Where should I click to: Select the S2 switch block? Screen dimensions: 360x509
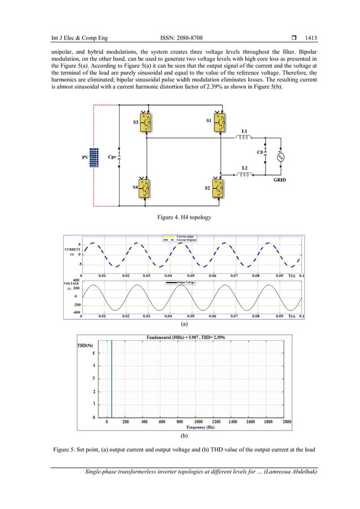(x=218, y=188)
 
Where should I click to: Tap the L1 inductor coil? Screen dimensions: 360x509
(x=244, y=138)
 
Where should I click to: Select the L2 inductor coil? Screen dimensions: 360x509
(x=244, y=175)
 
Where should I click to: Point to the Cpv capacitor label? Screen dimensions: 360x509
(x=113, y=158)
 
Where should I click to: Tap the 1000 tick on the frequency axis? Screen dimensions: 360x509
(x=199, y=421)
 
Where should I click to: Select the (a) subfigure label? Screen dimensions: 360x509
(x=183, y=326)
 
